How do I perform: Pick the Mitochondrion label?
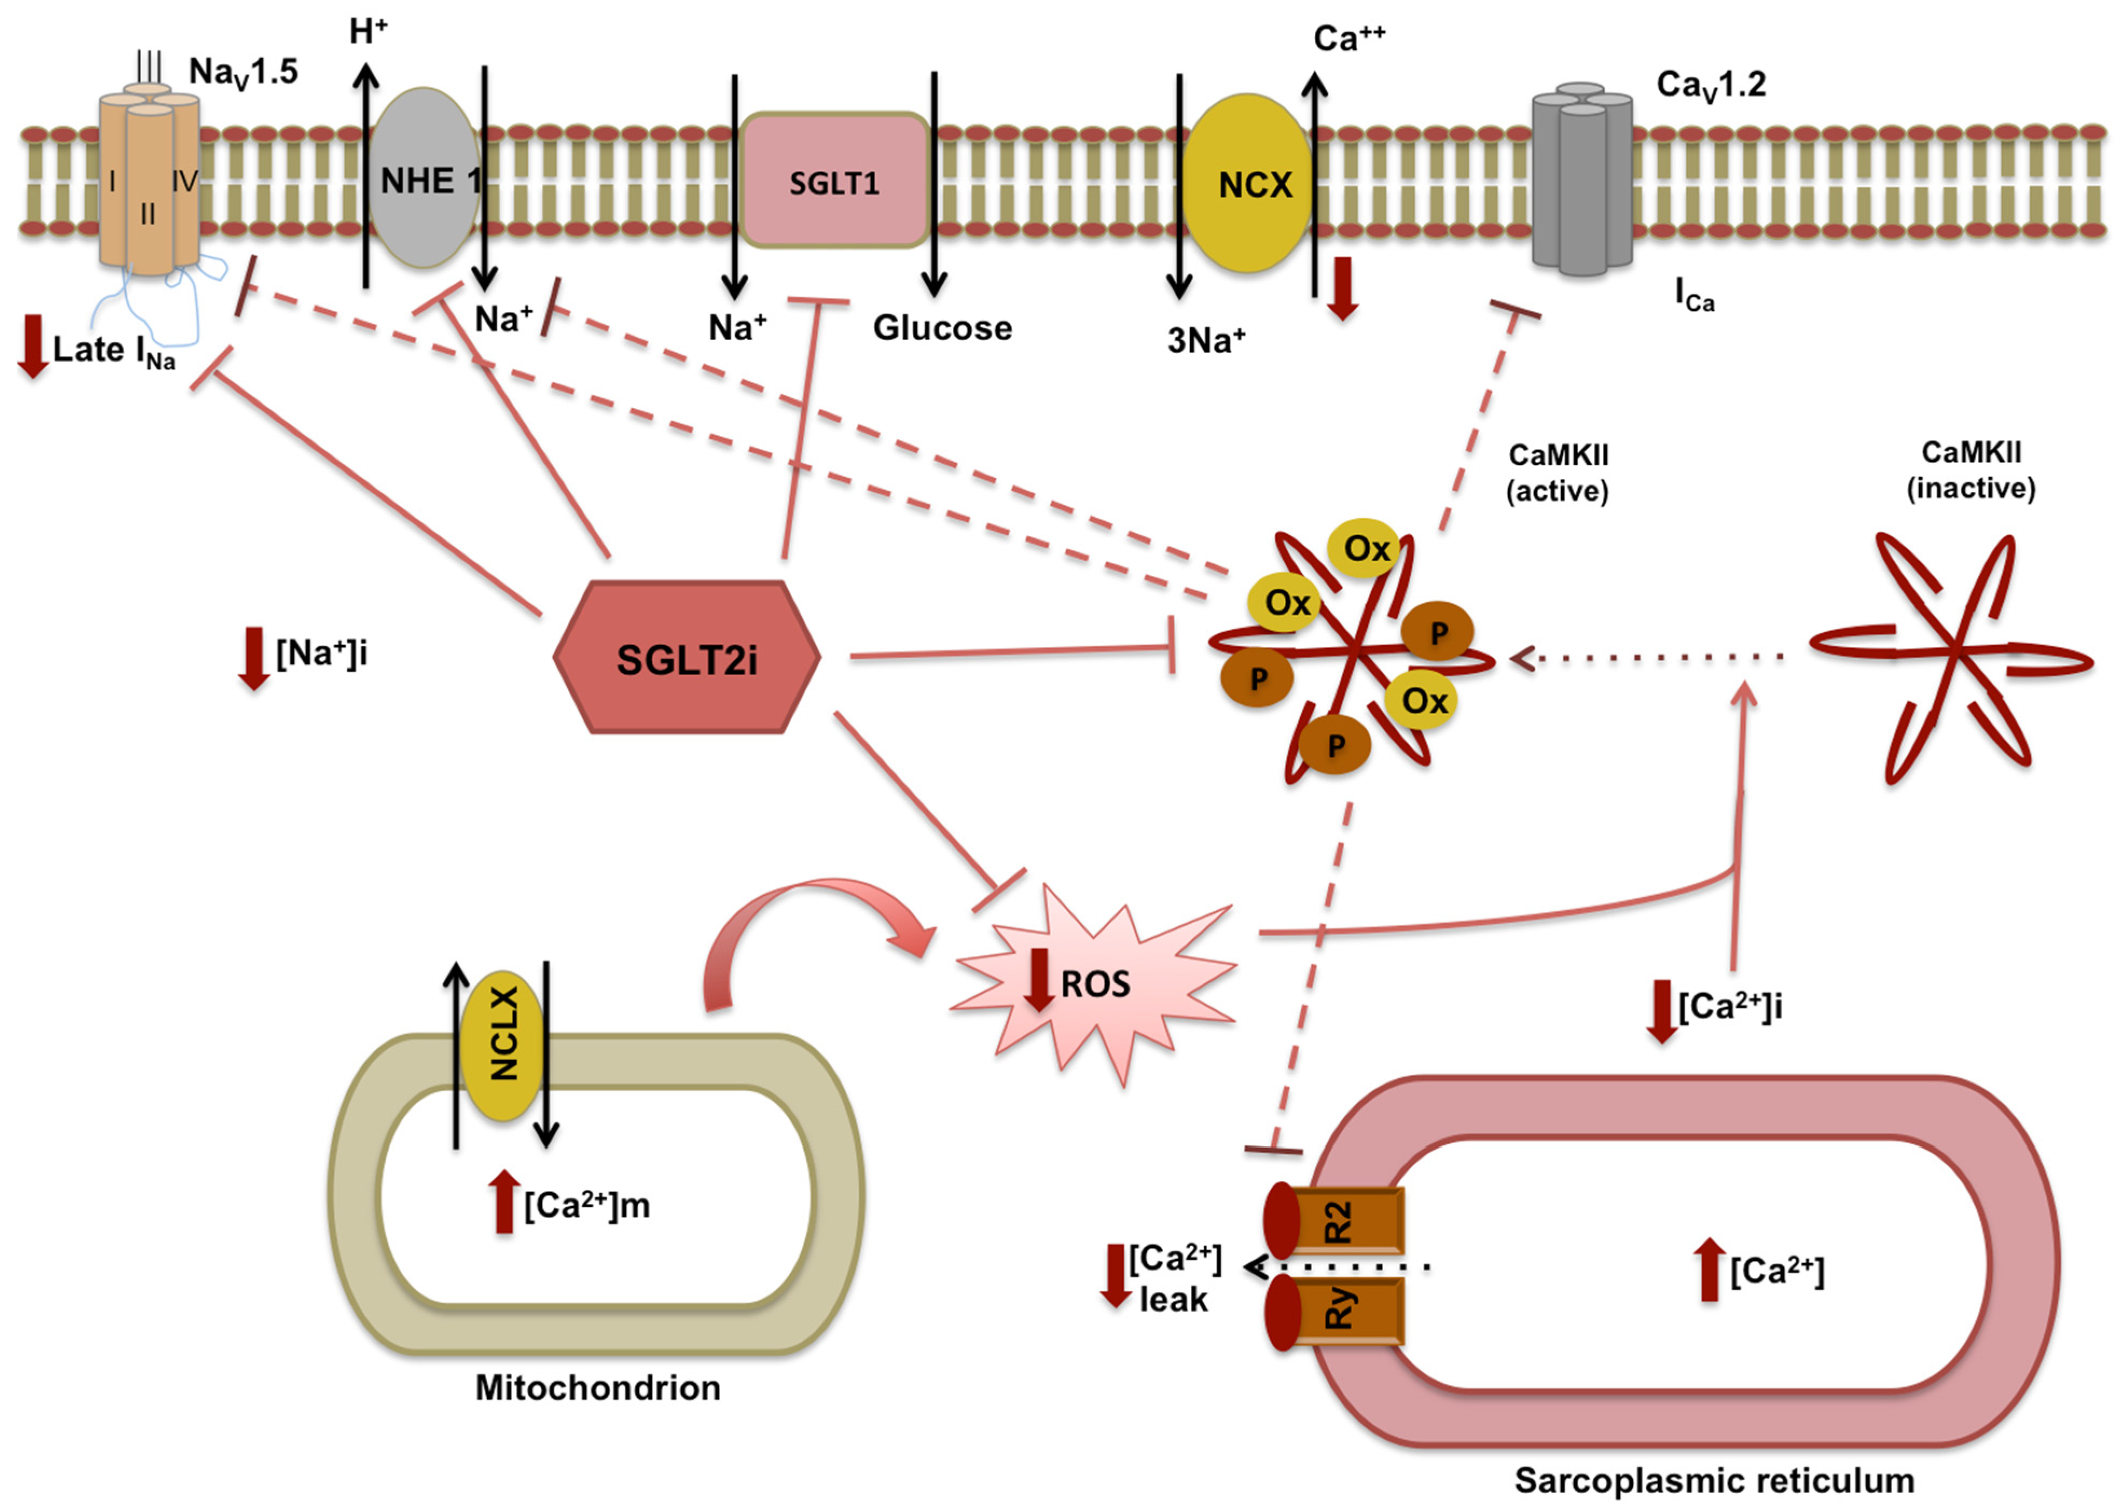(598, 1387)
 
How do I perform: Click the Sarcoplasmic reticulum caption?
(1713, 1480)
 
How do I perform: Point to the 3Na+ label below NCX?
(1205, 341)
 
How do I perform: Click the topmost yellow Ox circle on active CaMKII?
(1365, 549)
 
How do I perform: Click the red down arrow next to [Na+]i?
(253, 657)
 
